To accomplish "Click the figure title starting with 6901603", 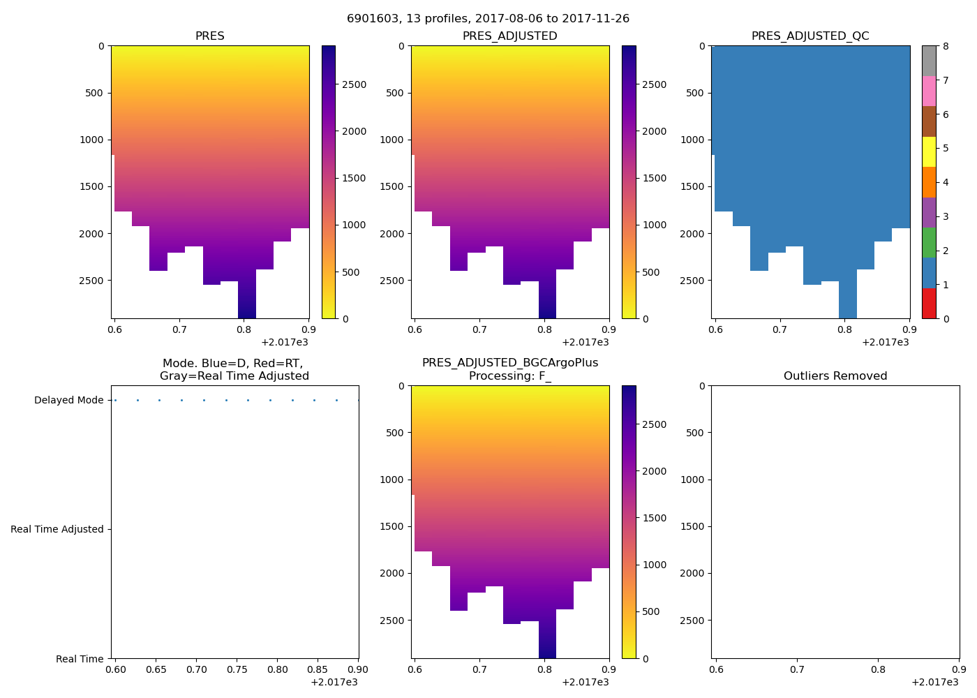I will click(x=488, y=19).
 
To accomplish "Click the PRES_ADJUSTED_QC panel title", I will click(x=810, y=36).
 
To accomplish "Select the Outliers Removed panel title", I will click(x=835, y=376).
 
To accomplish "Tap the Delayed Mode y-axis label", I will click(x=68, y=401).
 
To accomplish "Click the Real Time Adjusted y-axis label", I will click(x=57, y=530).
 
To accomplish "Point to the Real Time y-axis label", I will click(x=80, y=659).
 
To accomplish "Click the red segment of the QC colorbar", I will click(x=929, y=304).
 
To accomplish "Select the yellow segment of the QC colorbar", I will click(x=929, y=151).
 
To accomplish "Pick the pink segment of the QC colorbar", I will click(x=929, y=91).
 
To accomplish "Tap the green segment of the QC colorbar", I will click(x=929, y=243).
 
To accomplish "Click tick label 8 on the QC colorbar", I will click(x=946, y=47).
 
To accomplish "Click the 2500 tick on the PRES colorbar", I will click(x=352, y=85).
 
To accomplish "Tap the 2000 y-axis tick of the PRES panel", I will click(x=91, y=234).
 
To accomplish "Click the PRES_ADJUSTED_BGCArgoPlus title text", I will click(x=510, y=363).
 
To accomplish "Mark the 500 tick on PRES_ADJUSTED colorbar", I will click(x=650, y=272).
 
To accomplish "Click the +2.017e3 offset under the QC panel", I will click(x=885, y=342).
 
